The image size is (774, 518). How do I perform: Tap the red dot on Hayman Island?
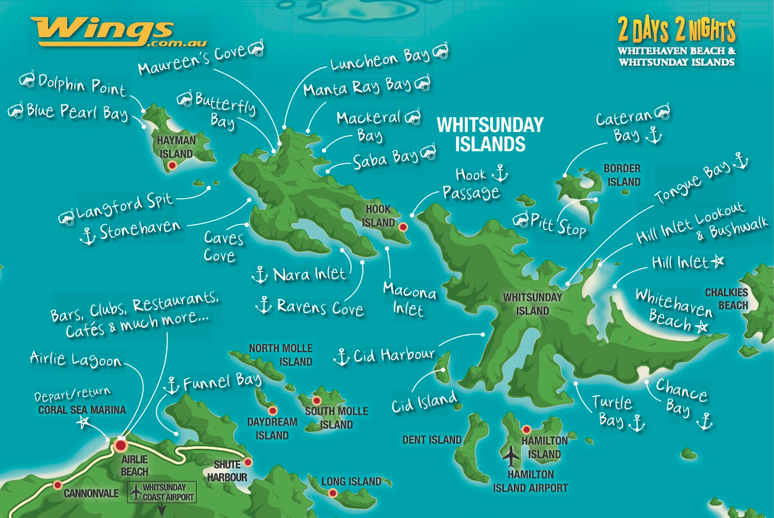tap(173, 165)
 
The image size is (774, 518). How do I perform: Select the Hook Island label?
tap(378, 216)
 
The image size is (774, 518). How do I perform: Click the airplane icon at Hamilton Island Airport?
tap(511, 456)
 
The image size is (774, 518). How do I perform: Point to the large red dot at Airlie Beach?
tap(121, 445)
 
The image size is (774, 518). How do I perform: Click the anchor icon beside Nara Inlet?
tap(260, 274)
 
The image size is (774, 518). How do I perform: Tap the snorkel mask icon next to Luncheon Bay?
tap(440, 51)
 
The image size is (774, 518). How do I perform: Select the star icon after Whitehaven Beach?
tap(701, 327)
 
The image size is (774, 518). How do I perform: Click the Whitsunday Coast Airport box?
tap(162, 492)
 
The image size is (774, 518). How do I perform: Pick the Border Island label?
tap(623, 175)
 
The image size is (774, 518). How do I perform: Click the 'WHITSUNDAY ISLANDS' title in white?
tap(490, 134)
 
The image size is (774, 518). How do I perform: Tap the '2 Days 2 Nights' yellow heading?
tap(676, 30)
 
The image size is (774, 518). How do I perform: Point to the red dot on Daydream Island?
tap(273, 411)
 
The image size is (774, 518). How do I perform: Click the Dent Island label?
tap(432, 440)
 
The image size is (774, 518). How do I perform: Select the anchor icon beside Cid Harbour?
tap(341, 357)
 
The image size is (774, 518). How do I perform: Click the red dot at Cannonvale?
tap(58, 485)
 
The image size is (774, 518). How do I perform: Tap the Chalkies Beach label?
tap(726, 299)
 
